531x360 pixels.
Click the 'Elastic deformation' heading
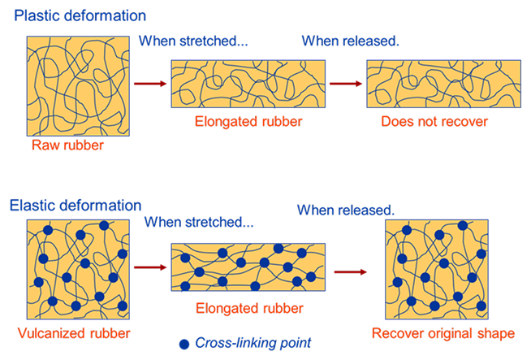click(x=76, y=206)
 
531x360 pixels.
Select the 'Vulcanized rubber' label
click(x=74, y=333)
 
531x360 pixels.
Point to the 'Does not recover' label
click(x=434, y=123)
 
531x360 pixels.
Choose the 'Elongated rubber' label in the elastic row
click(x=249, y=309)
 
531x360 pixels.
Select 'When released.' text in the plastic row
click(x=351, y=41)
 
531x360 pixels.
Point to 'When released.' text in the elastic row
click(x=346, y=210)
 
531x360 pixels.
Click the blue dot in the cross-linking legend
click(x=184, y=342)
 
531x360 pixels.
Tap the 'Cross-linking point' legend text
click(x=253, y=342)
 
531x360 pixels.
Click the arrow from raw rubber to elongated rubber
click(x=149, y=83)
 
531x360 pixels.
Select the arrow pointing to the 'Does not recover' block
click(x=344, y=83)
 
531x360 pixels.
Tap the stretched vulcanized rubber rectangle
click(x=248, y=267)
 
